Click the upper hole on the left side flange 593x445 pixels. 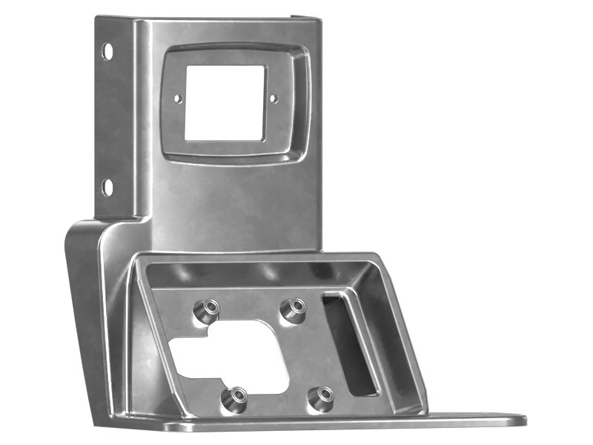point(107,51)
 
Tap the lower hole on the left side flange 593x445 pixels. point(107,186)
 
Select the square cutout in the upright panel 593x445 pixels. point(225,102)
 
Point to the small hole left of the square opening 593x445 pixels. point(178,97)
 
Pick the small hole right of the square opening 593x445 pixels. point(273,97)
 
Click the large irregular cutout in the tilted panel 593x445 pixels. point(226,356)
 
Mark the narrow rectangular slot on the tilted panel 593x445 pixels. point(348,343)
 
